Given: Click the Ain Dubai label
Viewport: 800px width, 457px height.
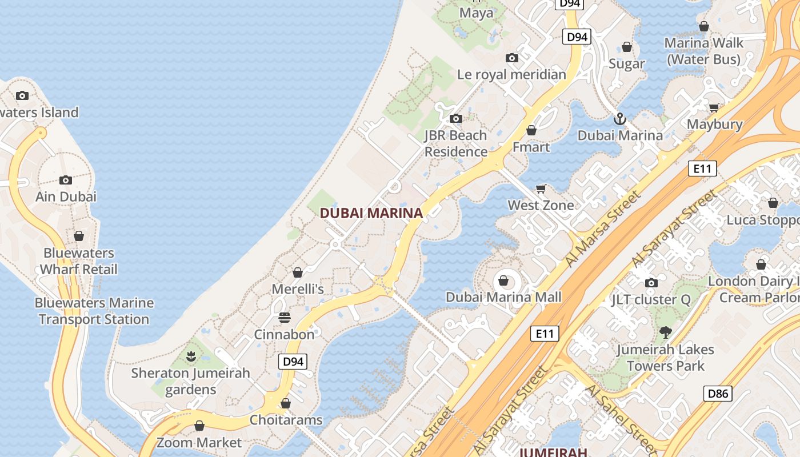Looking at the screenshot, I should [66, 197].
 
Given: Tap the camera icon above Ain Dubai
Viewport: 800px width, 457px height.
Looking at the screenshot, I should [66, 180].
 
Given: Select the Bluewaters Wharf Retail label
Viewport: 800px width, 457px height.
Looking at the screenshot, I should [79, 261].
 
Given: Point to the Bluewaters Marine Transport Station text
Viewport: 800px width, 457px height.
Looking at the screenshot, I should [94, 311].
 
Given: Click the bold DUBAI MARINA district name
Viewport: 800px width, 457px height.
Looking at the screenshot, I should [371, 213].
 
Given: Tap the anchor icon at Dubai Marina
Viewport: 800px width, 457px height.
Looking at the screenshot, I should [620, 119].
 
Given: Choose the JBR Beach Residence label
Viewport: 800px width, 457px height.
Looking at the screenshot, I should [455, 143].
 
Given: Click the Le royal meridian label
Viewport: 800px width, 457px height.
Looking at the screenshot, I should [511, 74].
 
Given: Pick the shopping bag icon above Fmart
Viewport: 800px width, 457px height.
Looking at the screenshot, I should [531, 130].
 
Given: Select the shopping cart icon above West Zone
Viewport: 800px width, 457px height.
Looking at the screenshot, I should [541, 189].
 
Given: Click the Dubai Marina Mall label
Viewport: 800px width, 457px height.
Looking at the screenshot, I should [503, 297].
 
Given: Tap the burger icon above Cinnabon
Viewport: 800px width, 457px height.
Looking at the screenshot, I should [285, 318].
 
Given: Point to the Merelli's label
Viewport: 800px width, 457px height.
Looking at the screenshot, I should [298, 289].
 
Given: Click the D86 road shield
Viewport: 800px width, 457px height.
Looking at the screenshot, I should [717, 393].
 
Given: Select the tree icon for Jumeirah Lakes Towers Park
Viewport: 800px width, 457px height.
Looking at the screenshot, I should [665, 332].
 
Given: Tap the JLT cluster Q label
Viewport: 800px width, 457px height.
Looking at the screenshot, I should [651, 299].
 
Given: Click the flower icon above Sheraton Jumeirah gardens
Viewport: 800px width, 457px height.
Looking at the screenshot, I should [191, 357].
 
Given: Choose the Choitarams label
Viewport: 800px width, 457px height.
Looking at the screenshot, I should [286, 420].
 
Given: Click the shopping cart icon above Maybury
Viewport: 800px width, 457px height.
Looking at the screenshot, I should [714, 107].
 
